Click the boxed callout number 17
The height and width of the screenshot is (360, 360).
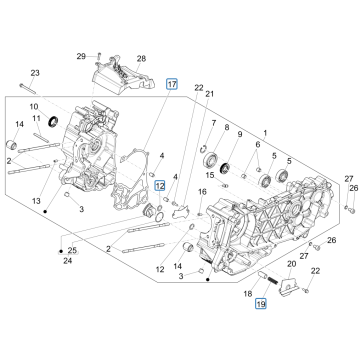(171, 86)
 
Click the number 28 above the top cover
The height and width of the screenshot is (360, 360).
(141, 59)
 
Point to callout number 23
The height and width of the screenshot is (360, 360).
(34, 73)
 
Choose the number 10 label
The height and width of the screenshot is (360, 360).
(35, 106)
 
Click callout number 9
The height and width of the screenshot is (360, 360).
(241, 131)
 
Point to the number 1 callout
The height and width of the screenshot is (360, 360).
(264, 131)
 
